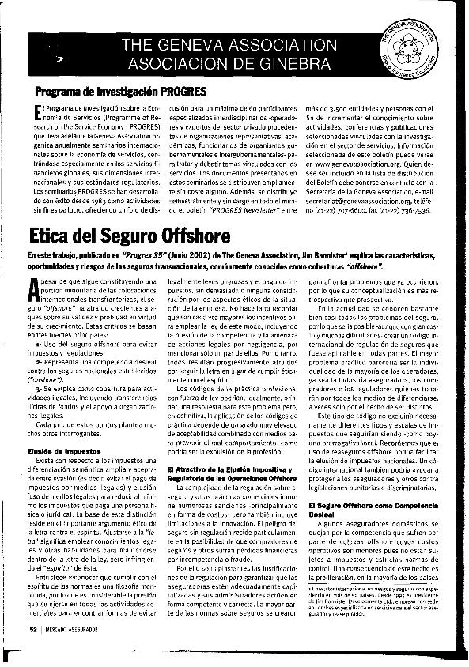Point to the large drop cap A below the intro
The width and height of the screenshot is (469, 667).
pos(40,290)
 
